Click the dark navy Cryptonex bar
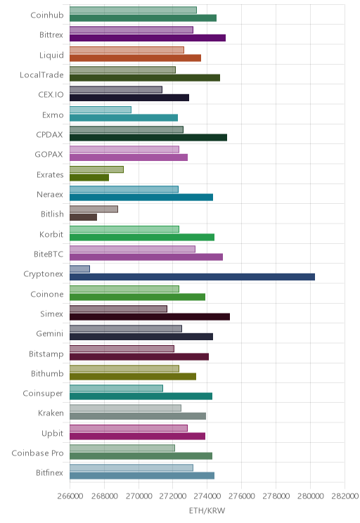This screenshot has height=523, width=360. tap(192, 277)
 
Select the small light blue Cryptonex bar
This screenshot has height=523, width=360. tap(79, 269)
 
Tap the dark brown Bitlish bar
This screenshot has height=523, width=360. tap(84, 217)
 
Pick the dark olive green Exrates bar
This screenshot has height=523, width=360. tap(89, 177)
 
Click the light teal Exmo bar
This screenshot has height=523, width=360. tap(101, 110)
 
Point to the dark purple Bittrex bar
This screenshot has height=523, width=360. tap(148, 38)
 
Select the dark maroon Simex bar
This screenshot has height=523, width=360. tap(150, 317)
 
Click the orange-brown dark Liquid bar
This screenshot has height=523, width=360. tap(136, 58)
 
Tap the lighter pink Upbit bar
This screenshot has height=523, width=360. tap(129, 428)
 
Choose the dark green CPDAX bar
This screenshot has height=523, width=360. tap(148, 137)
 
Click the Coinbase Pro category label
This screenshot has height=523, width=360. tap(37, 453)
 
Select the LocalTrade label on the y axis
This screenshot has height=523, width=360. tap(41, 75)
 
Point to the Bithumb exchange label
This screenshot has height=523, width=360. tap(47, 373)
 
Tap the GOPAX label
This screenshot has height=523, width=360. tap(49, 155)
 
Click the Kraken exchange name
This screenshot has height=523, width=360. tap(51, 413)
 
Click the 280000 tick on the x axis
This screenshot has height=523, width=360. tap(310, 496)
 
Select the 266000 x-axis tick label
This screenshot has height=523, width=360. tap(70, 496)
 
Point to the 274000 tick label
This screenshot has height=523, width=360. tap(207, 496)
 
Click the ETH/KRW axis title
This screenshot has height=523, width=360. tap(207, 510)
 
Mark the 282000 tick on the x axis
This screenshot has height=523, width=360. tap(345, 496)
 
